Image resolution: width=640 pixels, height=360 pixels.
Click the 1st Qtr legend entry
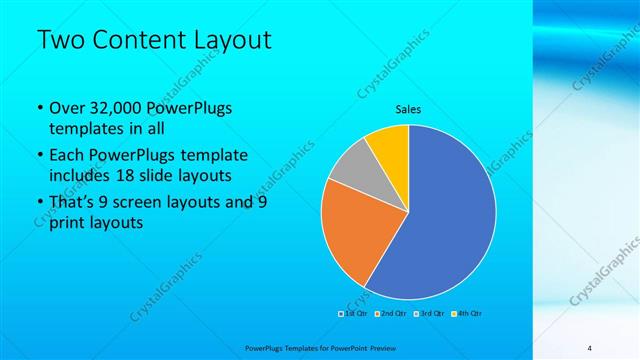(352, 314)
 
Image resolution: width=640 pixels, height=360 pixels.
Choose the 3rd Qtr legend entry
(431, 314)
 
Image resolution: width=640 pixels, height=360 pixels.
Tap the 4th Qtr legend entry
(469, 314)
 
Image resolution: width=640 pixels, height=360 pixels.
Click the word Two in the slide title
(58, 40)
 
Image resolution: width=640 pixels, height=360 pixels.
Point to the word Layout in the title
(235, 40)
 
